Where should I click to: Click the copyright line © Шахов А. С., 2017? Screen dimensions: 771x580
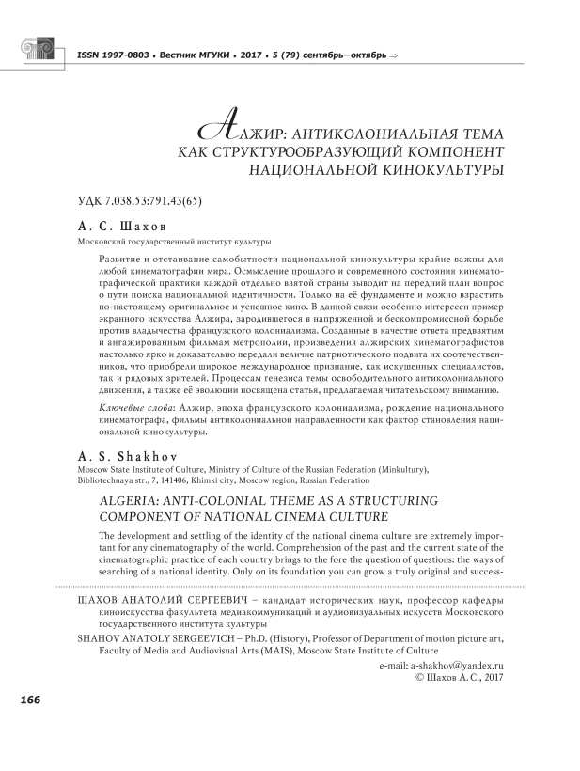[x=453, y=676]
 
